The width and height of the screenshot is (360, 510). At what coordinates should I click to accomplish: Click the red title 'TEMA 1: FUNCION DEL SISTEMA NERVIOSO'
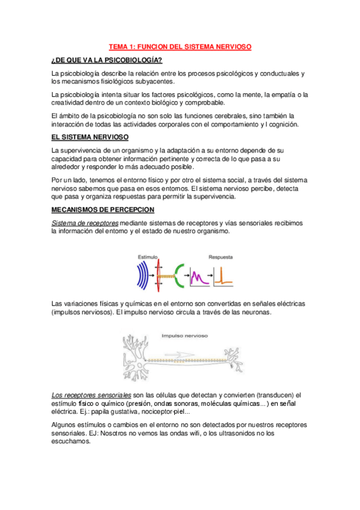click(180, 46)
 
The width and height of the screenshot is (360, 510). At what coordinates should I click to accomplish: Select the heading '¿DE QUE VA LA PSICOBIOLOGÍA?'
click(107, 60)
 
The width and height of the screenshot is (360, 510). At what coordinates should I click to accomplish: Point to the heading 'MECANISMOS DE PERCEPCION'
click(103, 209)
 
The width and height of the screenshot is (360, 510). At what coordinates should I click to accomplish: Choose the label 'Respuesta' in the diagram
click(221, 241)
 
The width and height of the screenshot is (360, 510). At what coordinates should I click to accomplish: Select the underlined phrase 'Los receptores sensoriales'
click(91, 394)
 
